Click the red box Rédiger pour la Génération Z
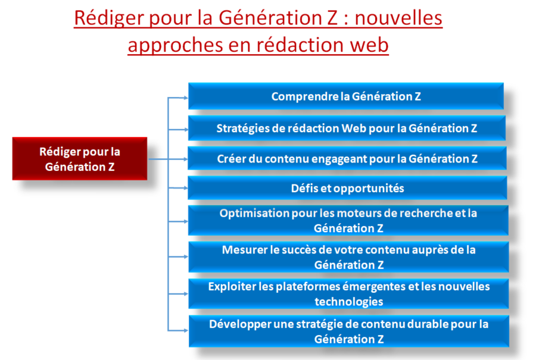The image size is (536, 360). pos(80,159)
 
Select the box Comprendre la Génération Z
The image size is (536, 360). pos(346,96)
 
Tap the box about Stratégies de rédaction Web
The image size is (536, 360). pos(347,128)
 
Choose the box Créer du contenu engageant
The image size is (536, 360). pos(347,158)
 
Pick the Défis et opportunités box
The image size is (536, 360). pos(347,188)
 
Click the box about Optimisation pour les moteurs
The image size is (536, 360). pos(348,220)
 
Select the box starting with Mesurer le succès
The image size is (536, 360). pos(348,257)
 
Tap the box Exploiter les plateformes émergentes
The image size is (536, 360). pos(348,294)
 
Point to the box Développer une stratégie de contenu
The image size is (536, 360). pos(348,331)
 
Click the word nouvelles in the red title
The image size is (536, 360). pos(398,18)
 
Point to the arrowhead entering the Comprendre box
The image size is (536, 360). pos(186,98)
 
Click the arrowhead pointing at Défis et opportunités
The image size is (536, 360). pos(186,188)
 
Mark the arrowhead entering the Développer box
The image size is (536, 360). pos(186,331)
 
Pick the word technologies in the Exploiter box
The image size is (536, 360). pos(348,302)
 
